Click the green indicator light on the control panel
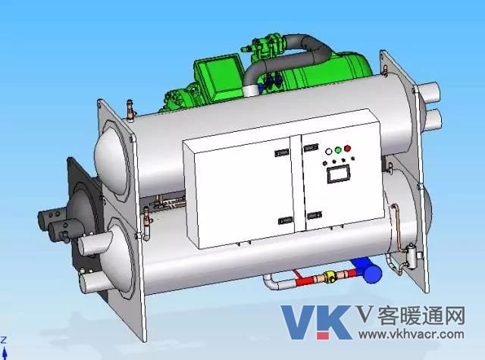pos(338,150)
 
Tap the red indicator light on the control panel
pos(347,149)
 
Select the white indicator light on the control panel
pos(328,152)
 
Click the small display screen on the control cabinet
pos(339,174)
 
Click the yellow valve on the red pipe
pos(330,276)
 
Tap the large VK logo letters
pos(316,322)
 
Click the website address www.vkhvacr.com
pos(411,334)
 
